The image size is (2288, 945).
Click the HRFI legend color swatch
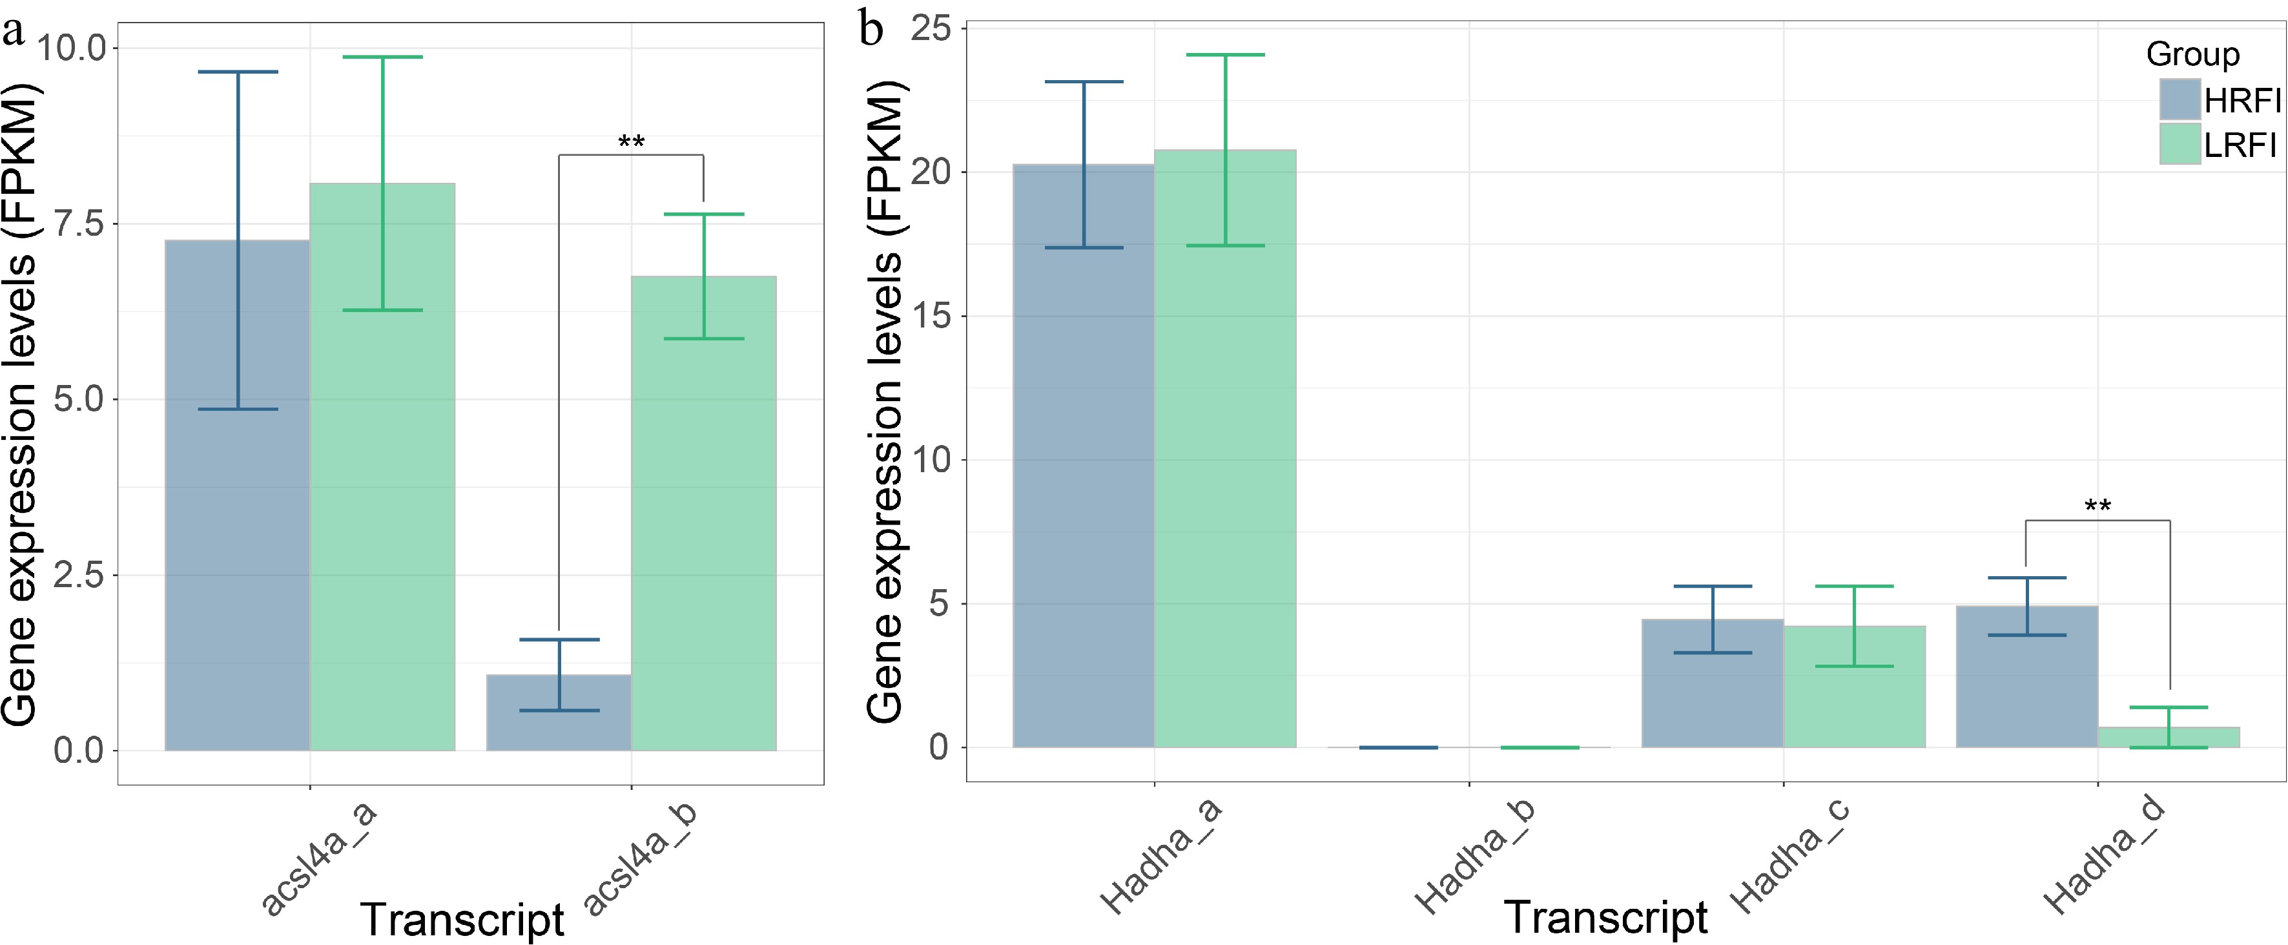pos(2180,99)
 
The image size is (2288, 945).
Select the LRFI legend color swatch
pos(2180,144)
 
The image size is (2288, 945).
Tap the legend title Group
pos(2192,54)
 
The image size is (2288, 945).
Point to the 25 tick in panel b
pos(930,28)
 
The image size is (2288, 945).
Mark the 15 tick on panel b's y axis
pos(930,317)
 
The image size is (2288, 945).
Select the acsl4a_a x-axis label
pos(319,857)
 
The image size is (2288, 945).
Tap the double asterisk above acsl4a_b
pos(631,142)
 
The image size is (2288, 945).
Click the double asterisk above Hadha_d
pos(2097,507)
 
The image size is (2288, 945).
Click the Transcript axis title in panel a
pos(462,919)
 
